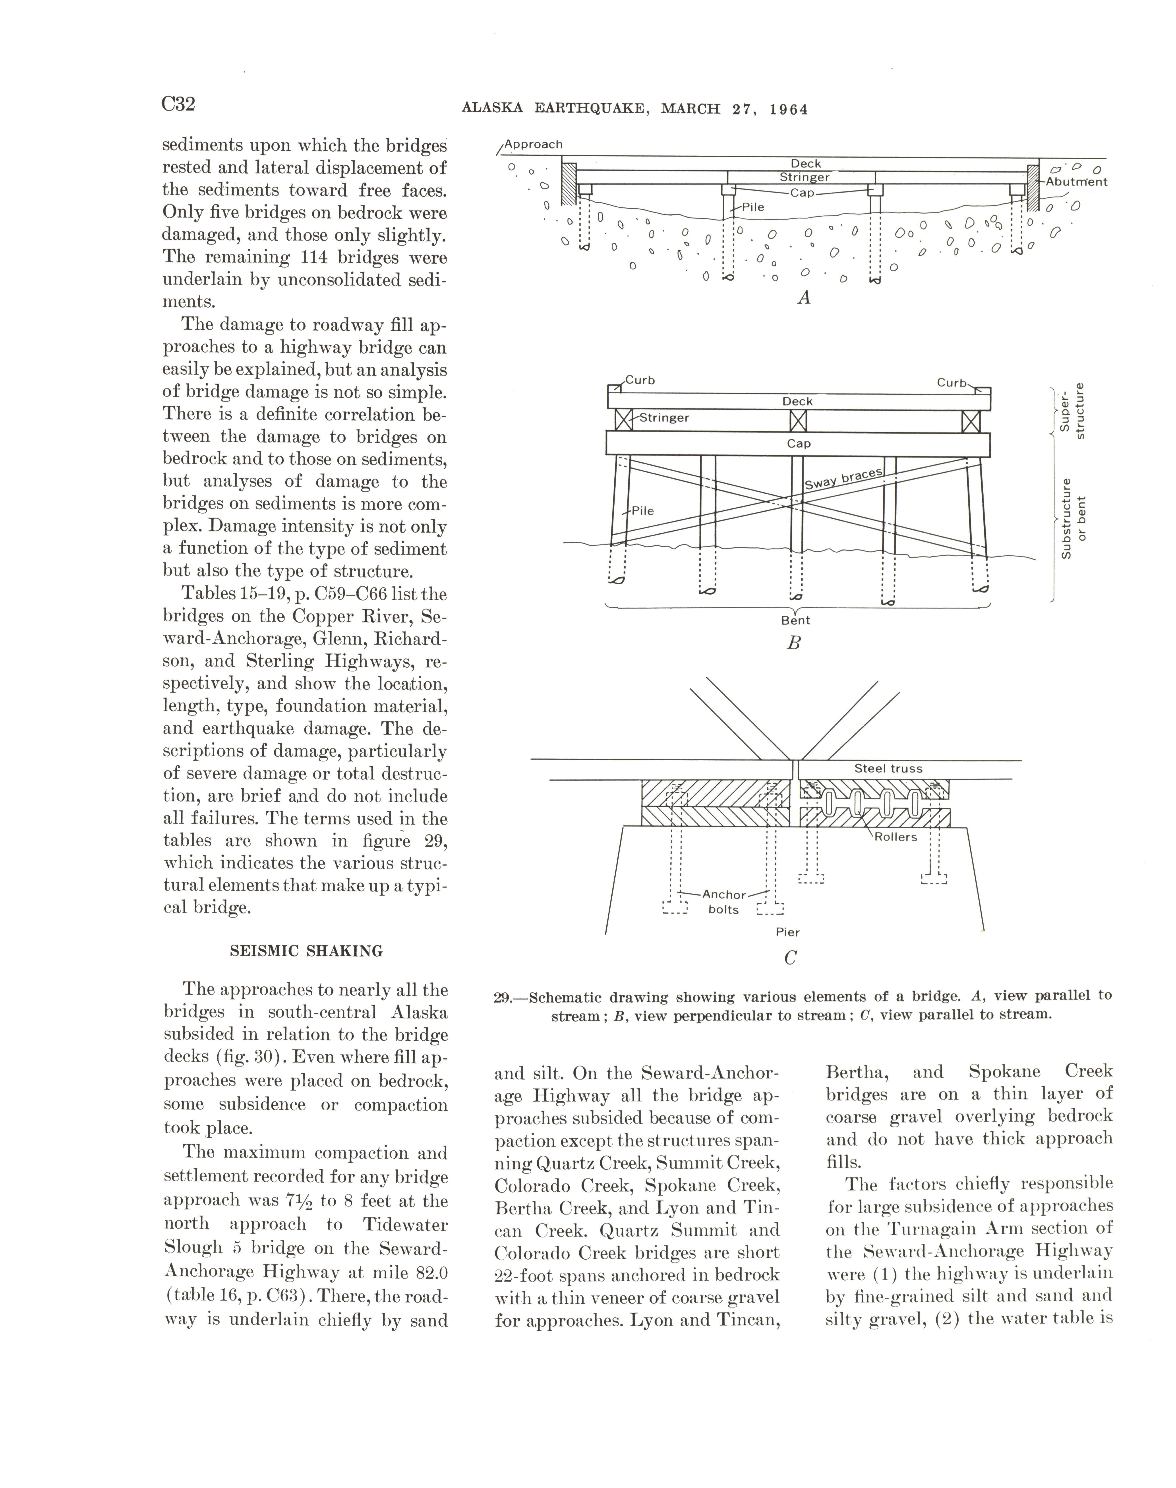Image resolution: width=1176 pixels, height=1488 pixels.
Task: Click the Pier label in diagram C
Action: click(x=788, y=932)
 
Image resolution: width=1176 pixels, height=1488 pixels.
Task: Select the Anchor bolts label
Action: click(x=724, y=902)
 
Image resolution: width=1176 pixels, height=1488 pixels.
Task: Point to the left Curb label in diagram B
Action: click(x=640, y=380)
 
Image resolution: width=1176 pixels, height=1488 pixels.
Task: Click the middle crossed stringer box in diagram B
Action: click(x=798, y=421)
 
